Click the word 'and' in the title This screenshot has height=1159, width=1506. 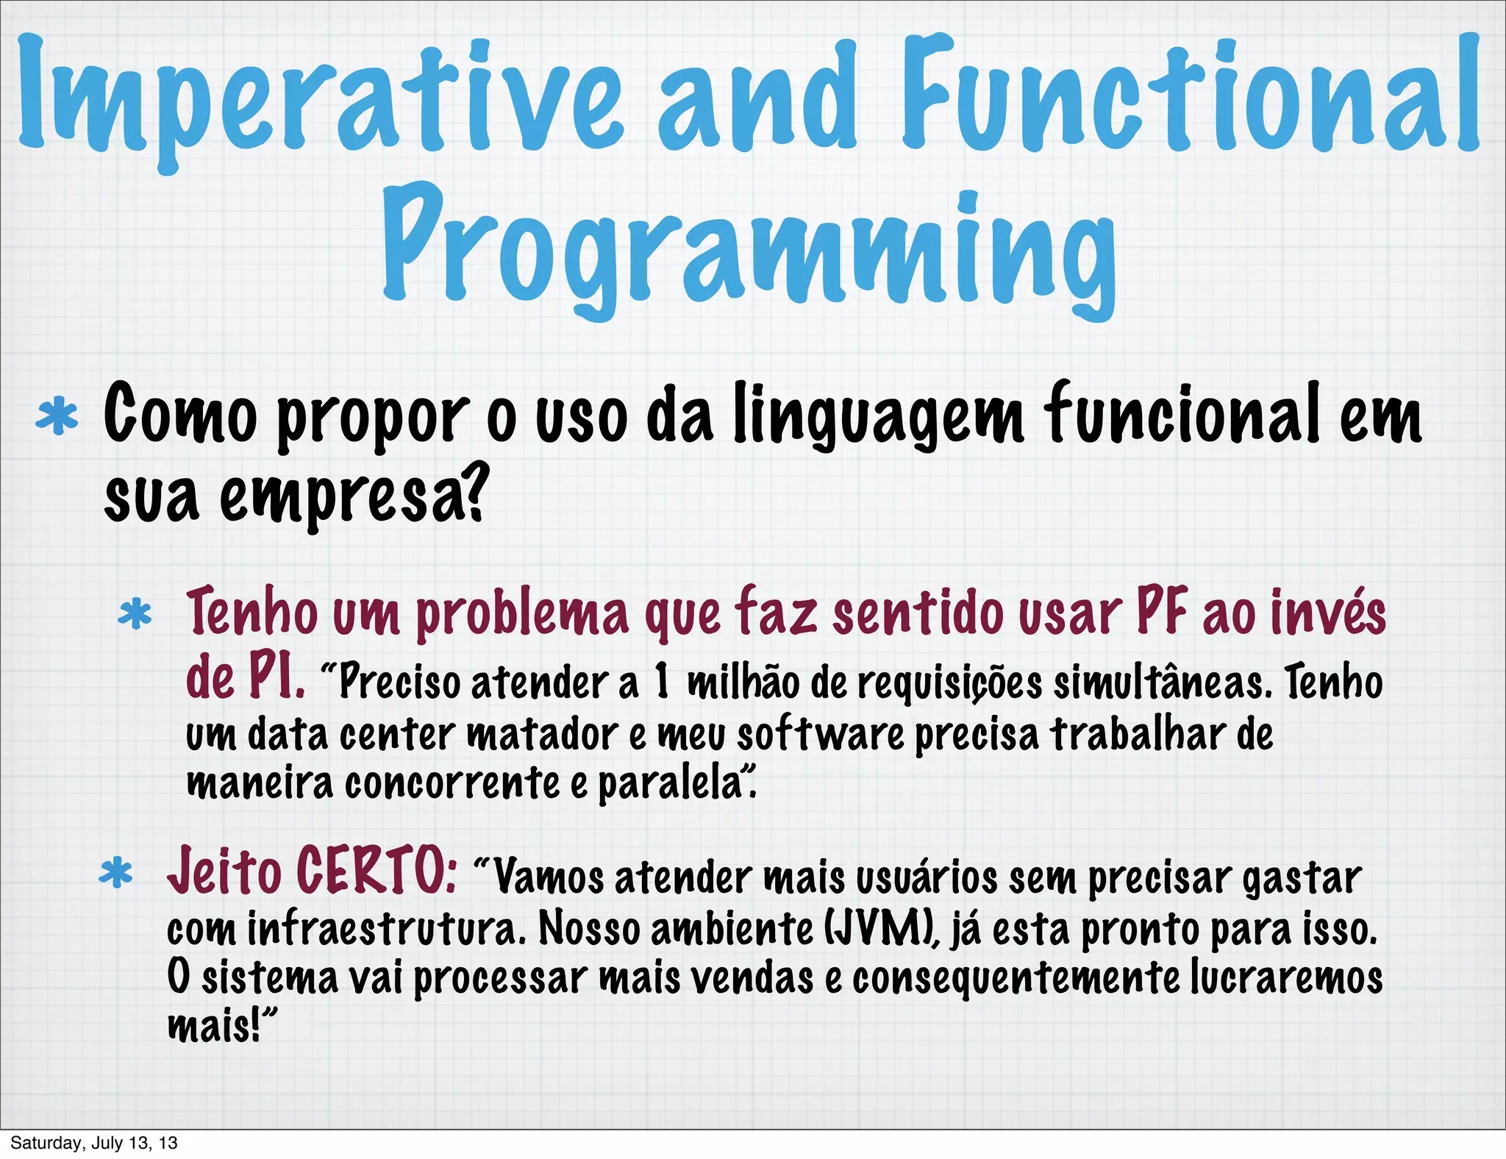[x=757, y=99]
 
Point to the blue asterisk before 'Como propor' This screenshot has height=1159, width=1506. [x=57, y=418]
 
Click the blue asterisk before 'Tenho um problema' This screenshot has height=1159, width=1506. [x=135, y=616]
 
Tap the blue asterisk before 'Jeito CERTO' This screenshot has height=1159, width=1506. [x=116, y=874]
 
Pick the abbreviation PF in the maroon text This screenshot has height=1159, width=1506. [x=1162, y=612]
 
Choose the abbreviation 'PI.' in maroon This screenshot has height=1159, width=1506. [x=275, y=678]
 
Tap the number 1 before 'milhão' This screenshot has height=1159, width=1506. [x=662, y=681]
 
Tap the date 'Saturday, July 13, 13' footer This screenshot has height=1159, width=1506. [x=94, y=1143]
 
